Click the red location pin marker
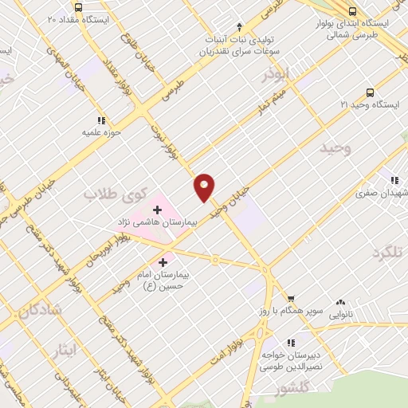[x=205, y=186]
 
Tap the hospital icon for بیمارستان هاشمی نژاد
[x=157, y=210]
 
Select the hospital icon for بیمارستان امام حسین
[x=163, y=261]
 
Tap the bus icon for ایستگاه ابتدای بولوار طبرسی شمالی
[x=352, y=10]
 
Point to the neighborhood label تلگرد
[x=388, y=252]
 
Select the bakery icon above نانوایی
[x=341, y=303]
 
